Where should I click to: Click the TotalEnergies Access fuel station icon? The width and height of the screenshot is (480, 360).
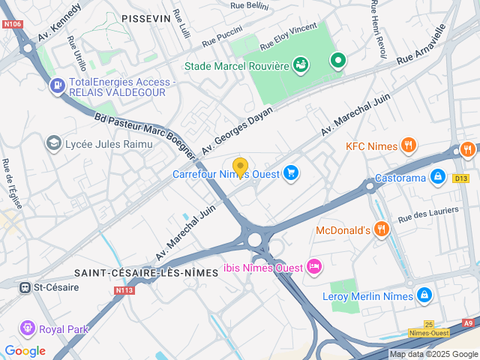pos(57,86)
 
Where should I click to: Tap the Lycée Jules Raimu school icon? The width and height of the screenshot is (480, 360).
pos(54,142)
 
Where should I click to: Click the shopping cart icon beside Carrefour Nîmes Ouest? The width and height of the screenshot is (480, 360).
pos(291,174)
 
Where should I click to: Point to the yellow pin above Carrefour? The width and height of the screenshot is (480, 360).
pos(240,166)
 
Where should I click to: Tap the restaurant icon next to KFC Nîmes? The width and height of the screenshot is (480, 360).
pos(409,145)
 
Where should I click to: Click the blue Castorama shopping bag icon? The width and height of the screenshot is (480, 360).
pos(437,178)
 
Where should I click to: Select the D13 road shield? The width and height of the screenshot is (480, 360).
pos(460,178)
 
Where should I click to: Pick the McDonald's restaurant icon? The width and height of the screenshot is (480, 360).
pos(381,229)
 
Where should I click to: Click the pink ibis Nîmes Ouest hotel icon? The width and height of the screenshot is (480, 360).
pos(313,267)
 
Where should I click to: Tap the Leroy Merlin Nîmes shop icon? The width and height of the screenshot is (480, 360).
pos(424,295)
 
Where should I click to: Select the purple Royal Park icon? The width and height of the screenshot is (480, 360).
pos(28,328)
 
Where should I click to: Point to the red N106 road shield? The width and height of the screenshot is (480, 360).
pos(12,24)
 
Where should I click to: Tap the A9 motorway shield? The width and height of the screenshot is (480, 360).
pos(469,323)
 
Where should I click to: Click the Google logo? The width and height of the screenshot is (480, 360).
pos(25,350)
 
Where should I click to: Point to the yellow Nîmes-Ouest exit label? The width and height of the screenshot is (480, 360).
pos(429,332)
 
